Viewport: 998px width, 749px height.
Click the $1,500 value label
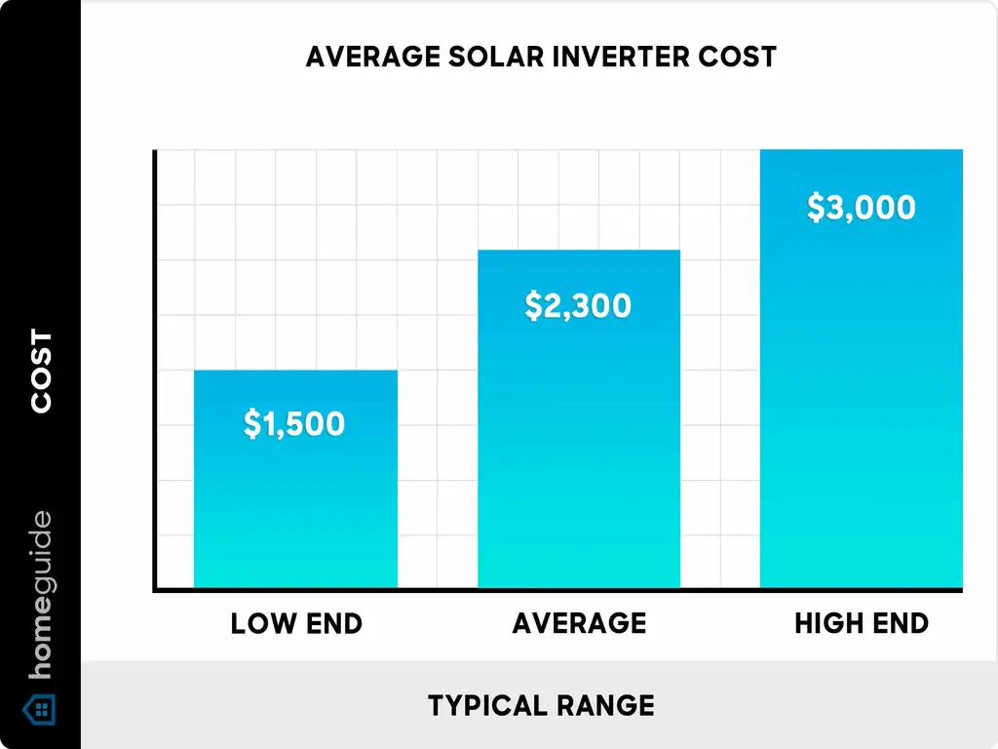click(294, 424)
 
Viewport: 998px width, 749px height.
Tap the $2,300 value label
click(578, 306)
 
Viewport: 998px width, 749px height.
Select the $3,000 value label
click(862, 208)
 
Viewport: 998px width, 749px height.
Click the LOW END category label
click(296, 623)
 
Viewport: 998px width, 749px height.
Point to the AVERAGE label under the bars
click(579, 623)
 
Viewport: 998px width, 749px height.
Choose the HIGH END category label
click(862, 623)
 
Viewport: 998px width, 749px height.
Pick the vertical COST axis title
click(41, 372)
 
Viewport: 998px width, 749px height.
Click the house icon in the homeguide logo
click(41, 709)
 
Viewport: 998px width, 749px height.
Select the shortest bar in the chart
click(296, 507)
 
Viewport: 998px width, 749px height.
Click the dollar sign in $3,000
click(817, 208)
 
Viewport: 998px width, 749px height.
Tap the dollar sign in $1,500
click(251, 424)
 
